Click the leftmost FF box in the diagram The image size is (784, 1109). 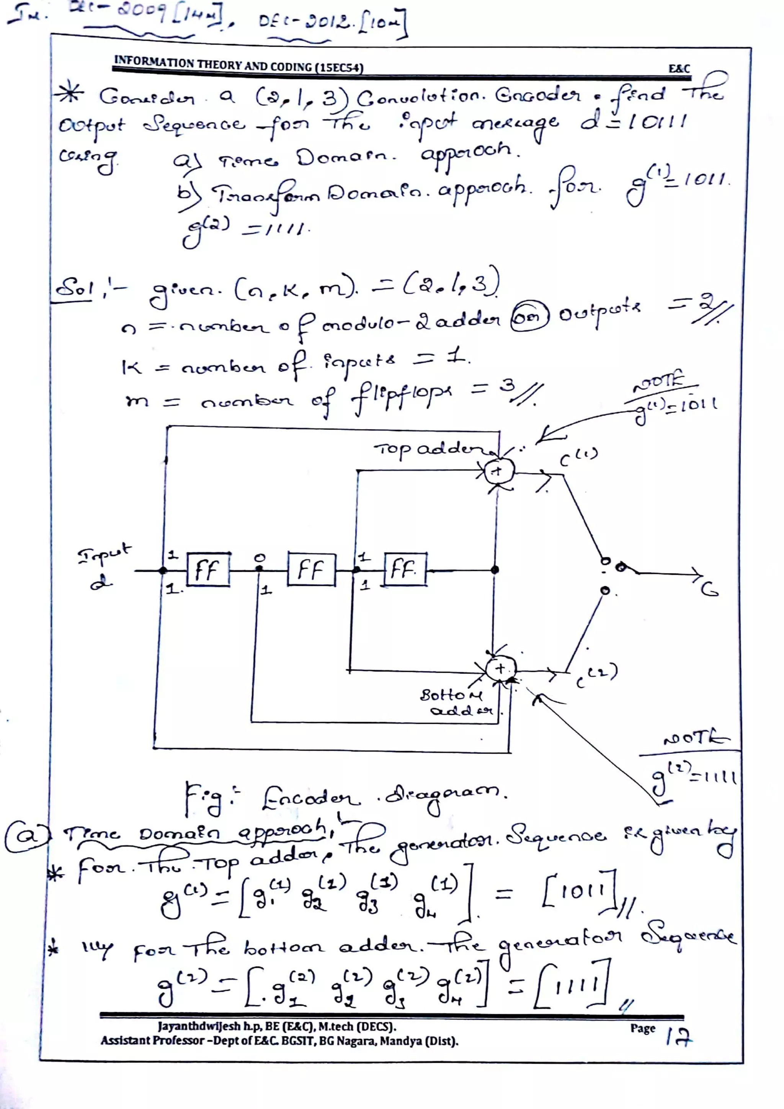tap(208, 570)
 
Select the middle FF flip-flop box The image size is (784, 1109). tap(311, 570)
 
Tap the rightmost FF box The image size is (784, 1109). tap(405, 569)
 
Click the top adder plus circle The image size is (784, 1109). tap(498, 470)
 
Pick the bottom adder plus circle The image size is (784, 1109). tap(500, 669)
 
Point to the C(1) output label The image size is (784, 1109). tap(578, 457)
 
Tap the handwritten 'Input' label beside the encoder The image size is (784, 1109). tap(103, 553)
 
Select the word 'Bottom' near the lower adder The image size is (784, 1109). tap(450, 696)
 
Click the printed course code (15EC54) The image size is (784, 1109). tap(338, 67)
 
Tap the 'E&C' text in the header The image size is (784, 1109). tap(679, 68)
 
